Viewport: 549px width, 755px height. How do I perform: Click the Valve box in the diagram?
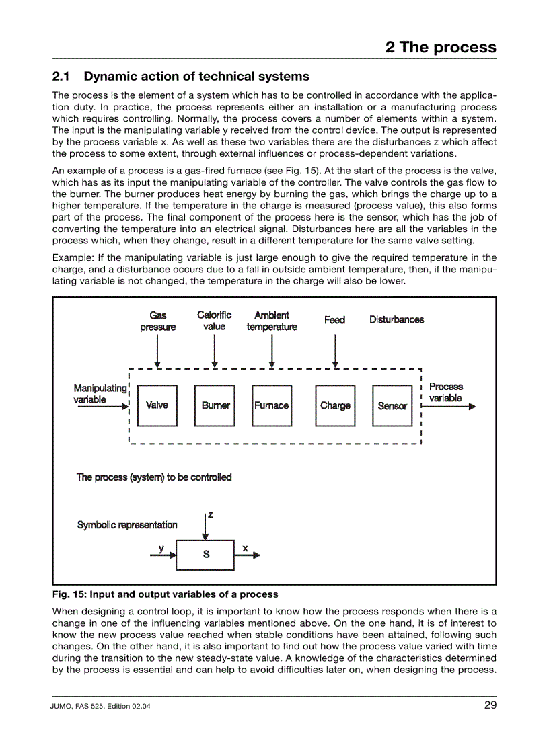pyautogui.click(x=157, y=405)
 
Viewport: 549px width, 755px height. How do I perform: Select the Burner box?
pyautogui.click(x=215, y=405)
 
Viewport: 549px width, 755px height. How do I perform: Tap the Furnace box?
pyautogui.click(x=272, y=405)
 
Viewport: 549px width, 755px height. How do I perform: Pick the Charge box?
pyautogui.click(x=335, y=405)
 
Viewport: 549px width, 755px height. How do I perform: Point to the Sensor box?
pyautogui.click(x=392, y=405)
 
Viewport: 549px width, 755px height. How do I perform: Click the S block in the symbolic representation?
pyautogui.click(x=205, y=555)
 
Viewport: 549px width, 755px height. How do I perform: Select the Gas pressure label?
pyautogui.click(x=158, y=321)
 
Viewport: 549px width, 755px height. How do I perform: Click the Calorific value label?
pyautogui.click(x=214, y=321)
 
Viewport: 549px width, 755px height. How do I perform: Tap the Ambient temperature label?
pyautogui.click(x=272, y=321)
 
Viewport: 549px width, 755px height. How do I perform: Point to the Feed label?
pyautogui.click(x=334, y=320)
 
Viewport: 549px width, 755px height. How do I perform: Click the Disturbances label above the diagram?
pyautogui.click(x=396, y=319)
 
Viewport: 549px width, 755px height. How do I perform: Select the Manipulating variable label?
pyautogui.click(x=100, y=393)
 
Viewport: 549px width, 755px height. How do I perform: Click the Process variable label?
pyautogui.click(x=445, y=392)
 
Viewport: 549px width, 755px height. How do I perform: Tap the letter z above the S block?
pyautogui.click(x=211, y=515)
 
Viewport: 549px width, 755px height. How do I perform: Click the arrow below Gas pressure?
pyautogui.click(x=157, y=350)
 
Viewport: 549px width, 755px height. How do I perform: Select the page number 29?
pyautogui.click(x=489, y=705)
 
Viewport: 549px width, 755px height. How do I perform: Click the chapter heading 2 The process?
pyautogui.click(x=441, y=47)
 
